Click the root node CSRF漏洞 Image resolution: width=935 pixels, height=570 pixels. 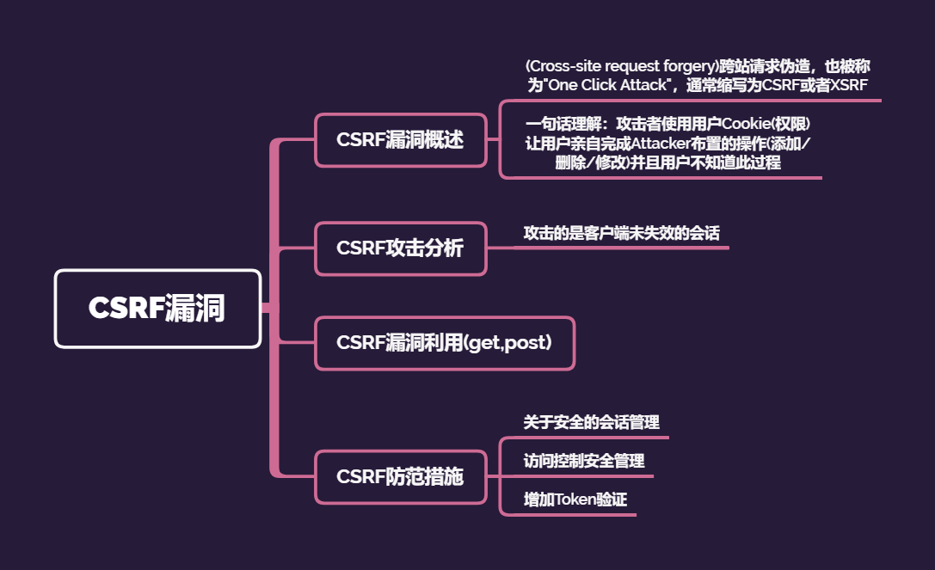157,309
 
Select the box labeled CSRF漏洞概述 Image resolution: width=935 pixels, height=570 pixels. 400,140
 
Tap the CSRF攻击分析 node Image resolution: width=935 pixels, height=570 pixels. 400,248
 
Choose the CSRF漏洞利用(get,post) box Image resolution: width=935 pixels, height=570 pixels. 444,343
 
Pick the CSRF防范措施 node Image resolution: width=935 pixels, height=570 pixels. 400,476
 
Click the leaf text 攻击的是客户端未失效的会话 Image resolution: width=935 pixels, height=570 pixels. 622,233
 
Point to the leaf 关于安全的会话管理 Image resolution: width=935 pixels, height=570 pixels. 592,422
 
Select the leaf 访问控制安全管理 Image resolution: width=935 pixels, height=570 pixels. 584,461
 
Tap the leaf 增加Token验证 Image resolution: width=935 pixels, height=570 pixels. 569,500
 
